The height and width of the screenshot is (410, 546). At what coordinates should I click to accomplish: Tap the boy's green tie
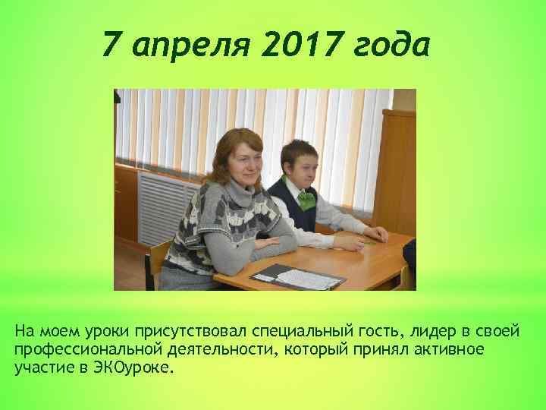pos(306,200)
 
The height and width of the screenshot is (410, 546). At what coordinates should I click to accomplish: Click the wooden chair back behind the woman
pos(158,262)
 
